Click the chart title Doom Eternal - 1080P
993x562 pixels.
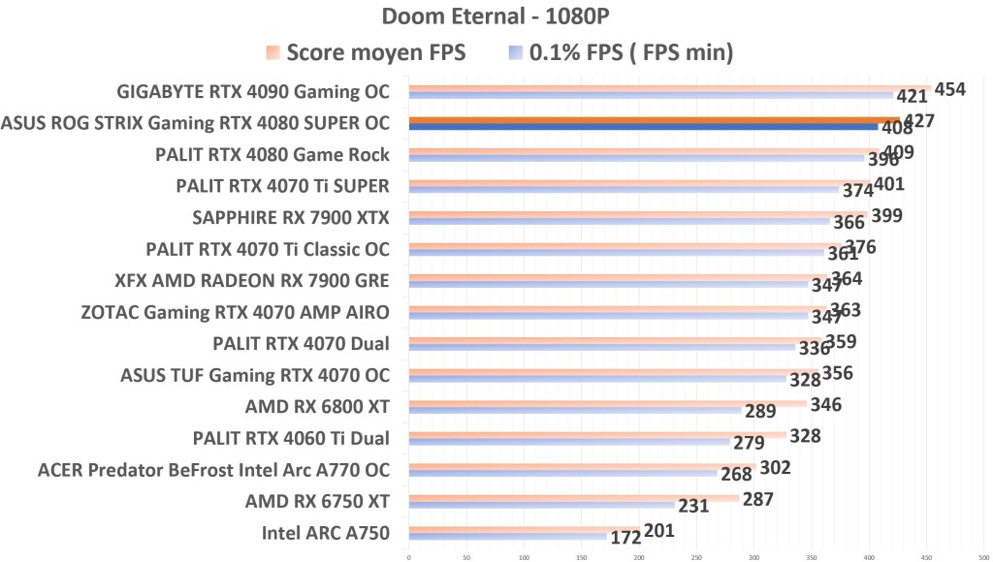[496, 16]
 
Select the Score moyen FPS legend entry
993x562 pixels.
[367, 53]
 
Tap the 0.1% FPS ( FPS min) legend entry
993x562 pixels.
[622, 53]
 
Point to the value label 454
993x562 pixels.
[949, 89]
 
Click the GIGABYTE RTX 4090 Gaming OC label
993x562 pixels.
[253, 93]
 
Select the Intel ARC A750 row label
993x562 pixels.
[325, 532]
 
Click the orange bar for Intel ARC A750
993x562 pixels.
[524, 528]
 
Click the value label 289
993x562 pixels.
[760, 411]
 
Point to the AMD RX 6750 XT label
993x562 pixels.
[317, 501]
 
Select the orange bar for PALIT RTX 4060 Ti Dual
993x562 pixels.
[597, 434]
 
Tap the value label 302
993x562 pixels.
[775, 467]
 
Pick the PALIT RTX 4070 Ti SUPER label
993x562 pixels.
[283, 186]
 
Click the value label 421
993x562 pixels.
[913, 97]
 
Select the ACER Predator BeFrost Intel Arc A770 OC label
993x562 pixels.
[213, 470]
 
